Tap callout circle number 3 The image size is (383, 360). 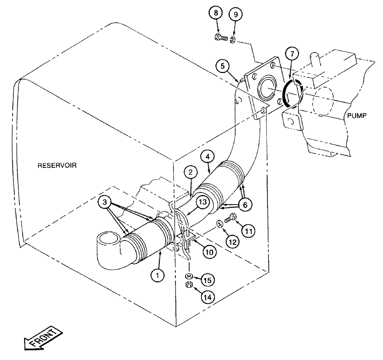pos(108,202)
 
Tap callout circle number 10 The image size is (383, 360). pos(210,252)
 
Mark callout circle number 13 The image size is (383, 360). pos(202,202)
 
